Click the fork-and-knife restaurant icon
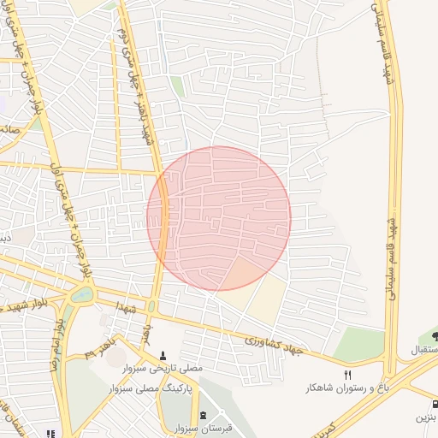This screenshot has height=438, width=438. pos(347,375)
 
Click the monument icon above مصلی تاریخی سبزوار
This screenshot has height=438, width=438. pos(163,355)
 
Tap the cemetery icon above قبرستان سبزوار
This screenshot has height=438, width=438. pos(203,415)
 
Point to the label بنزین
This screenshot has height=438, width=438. pos(426,418)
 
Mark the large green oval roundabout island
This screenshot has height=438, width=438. pos(82,294)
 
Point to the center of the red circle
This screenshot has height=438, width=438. pos(219,218)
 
